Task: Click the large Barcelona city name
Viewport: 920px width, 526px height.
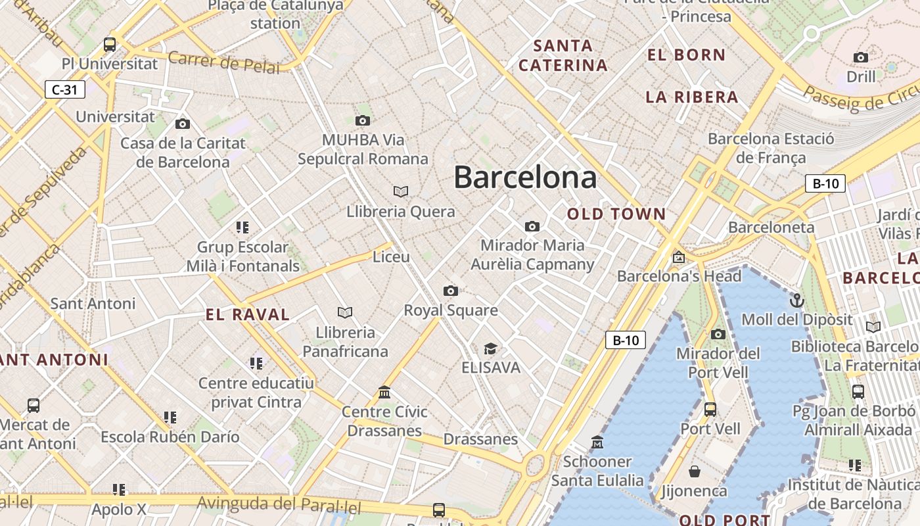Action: click(525, 178)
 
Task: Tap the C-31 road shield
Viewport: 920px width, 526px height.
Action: click(65, 89)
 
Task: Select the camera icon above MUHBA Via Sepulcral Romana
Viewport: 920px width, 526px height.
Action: click(362, 120)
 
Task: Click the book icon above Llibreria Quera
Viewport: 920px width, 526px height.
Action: click(401, 191)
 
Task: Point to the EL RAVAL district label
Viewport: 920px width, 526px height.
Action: click(248, 314)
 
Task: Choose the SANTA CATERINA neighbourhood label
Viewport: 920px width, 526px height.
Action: click(563, 55)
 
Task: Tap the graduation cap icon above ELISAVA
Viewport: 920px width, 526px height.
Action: click(490, 348)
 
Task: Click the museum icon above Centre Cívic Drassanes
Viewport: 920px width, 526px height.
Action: click(384, 393)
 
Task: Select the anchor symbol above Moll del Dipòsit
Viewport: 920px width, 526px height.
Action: click(796, 300)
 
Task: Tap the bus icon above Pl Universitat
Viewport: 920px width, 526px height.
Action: click(110, 45)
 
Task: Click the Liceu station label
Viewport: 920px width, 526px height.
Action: click(391, 257)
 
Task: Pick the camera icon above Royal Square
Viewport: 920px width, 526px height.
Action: click(450, 291)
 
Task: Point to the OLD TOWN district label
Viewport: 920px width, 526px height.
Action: click(616, 214)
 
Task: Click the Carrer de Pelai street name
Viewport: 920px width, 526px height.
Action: click(224, 62)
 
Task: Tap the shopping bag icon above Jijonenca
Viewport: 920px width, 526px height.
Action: click(694, 471)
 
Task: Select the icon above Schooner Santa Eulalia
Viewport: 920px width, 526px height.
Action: click(597, 442)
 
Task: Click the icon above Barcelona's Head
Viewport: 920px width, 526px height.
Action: click(678, 257)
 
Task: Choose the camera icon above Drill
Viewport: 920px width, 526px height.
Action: click(860, 57)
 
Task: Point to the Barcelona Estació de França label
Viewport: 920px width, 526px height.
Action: click(771, 148)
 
